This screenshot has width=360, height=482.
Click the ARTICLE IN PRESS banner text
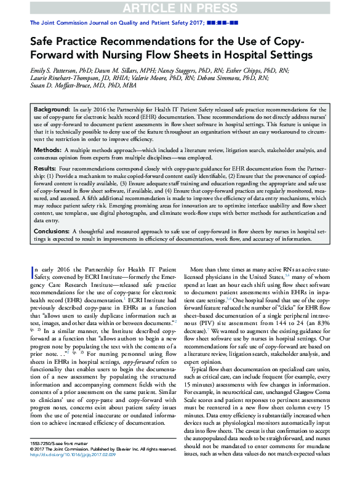pyautogui.click(x=180, y=7)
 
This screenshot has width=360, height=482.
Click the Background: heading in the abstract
pyautogui.click(x=52, y=107)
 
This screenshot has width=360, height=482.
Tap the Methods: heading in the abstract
pyautogui.click(x=47, y=150)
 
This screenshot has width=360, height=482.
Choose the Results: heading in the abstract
pyautogui.click(x=46, y=168)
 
